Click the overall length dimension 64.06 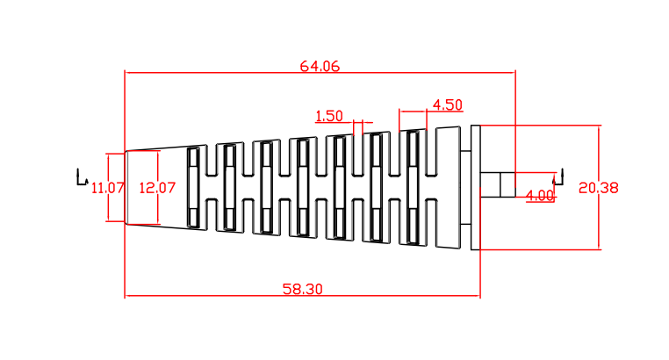(x=320, y=66)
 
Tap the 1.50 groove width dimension (x=328, y=116)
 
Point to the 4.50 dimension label (x=447, y=104)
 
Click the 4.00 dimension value (x=540, y=195)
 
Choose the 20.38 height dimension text (x=599, y=187)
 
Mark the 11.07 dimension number (x=108, y=187)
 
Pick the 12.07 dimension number (x=158, y=187)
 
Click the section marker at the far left (x=82, y=177)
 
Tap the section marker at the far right (x=557, y=177)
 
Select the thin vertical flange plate (x=476, y=187)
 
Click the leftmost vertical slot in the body (x=193, y=188)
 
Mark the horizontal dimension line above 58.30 (x=219, y=296)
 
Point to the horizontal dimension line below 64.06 (x=219, y=73)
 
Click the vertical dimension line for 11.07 (x=108, y=211)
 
